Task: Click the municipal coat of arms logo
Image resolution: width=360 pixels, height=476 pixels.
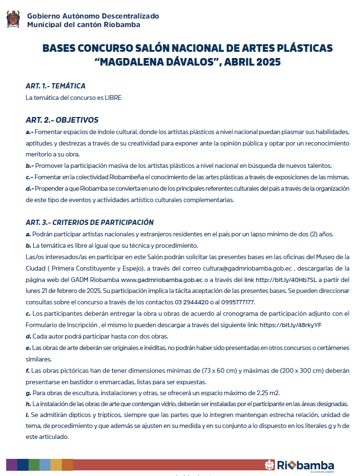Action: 13,20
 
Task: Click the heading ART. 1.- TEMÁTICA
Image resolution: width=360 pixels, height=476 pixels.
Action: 56,86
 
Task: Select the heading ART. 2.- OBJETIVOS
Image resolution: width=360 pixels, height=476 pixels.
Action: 62,120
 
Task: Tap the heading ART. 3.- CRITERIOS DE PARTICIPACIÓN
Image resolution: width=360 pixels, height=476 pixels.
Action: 89,222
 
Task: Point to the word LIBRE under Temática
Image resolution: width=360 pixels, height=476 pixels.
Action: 113,98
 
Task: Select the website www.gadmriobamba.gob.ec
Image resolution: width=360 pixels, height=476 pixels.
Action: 162,279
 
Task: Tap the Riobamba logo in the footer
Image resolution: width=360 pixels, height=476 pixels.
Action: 299,465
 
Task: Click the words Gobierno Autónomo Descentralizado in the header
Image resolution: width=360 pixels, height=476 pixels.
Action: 93,16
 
